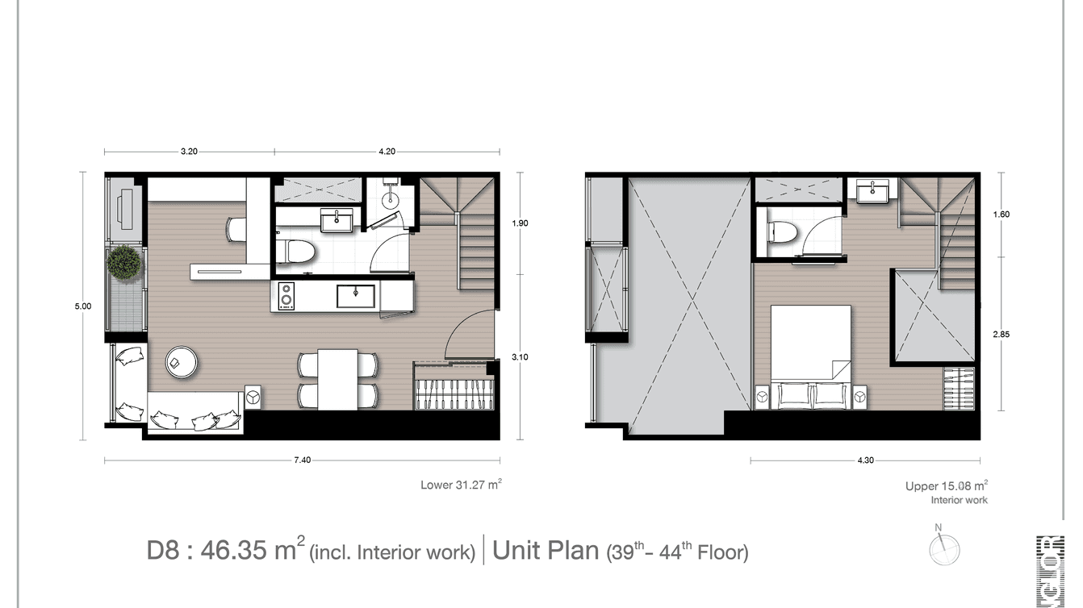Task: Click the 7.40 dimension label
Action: click(x=302, y=460)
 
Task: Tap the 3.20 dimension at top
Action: click(x=189, y=151)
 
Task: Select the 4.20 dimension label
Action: click(x=386, y=151)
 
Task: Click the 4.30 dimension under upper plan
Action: click(x=864, y=460)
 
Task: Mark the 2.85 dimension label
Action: click(x=1001, y=333)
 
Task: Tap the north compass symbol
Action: click(x=943, y=548)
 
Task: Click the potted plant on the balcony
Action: click(x=125, y=264)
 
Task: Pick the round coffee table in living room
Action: click(x=182, y=362)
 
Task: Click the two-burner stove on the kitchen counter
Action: click(x=285, y=296)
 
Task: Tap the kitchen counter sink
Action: click(x=354, y=296)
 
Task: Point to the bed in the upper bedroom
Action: click(x=811, y=343)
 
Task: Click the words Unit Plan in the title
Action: click(x=546, y=552)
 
